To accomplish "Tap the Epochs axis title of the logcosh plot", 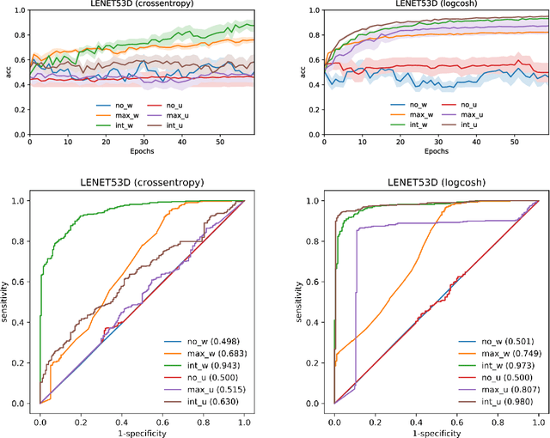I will [x=436, y=150].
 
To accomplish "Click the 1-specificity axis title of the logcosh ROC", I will [x=436, y=431].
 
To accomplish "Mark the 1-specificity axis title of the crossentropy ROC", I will [x=142, y=431].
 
